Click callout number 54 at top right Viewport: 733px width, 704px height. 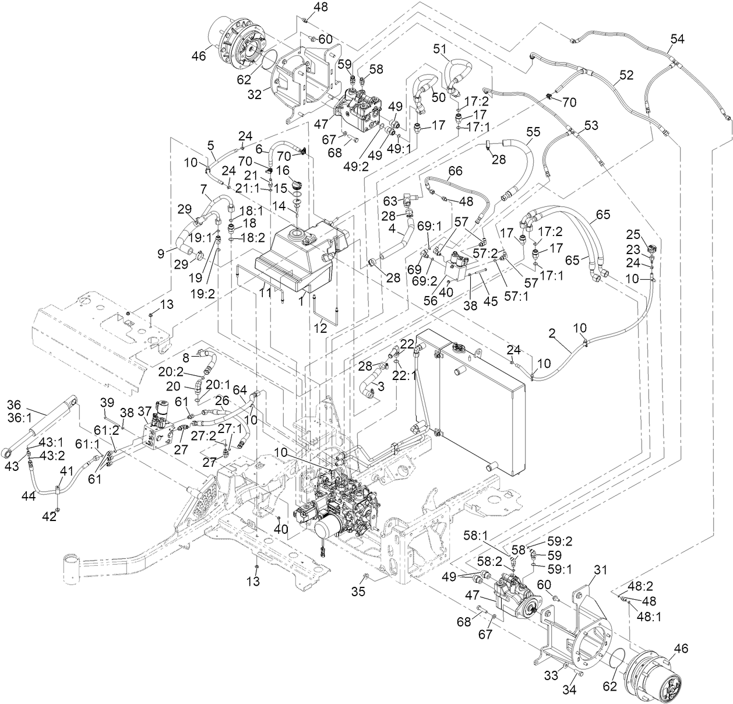point(676,39)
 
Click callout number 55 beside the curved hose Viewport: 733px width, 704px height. point(533,132)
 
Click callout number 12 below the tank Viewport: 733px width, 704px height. point(320,328)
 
